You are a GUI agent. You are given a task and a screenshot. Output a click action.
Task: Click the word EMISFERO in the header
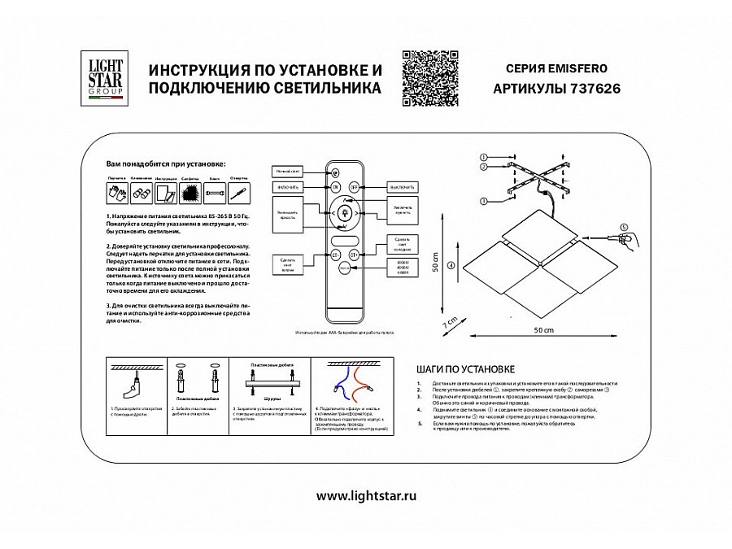click(587, 69)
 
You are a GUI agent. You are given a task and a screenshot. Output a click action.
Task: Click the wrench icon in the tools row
click(215, 193)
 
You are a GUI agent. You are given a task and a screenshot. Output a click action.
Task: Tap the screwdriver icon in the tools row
click(238, 193)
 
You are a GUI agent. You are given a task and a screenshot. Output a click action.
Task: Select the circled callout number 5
click(625, 228)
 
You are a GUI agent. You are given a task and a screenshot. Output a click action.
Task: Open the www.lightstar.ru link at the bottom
click(365, 495)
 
